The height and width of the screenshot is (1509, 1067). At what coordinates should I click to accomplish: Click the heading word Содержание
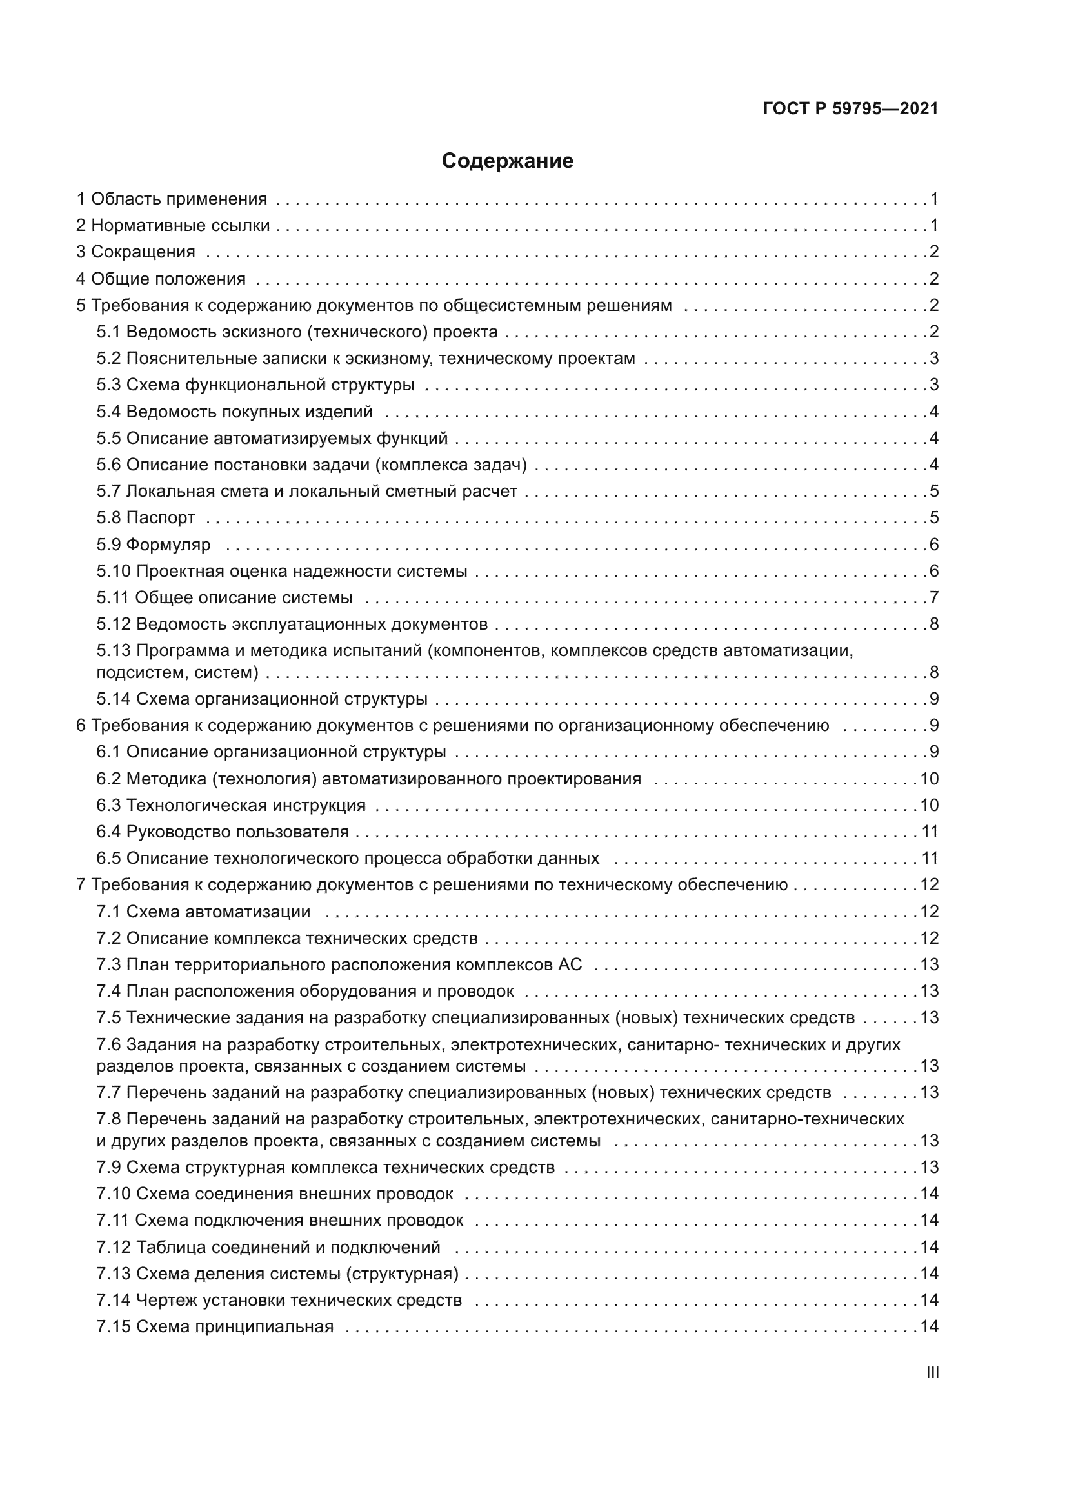tap(507, 161)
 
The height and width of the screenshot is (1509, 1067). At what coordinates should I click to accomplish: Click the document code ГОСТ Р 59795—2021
tap(850, 109)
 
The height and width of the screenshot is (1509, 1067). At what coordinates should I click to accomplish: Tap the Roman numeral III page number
tap(932, 1373)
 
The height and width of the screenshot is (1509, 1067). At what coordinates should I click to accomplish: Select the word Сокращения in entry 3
tap(143, 252)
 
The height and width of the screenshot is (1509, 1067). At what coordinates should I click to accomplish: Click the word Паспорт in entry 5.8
tap(161, 518)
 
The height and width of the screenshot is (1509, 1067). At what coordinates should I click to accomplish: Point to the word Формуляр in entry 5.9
tap(168, 545)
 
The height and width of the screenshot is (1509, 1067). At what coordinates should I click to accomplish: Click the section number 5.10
tap(113, 571)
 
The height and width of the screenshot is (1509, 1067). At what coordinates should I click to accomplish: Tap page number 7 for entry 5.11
tap(933, 598)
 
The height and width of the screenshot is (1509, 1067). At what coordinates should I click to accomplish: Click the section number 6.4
tap(108, 832)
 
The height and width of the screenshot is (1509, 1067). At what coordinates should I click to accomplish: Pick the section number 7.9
tap(108, 1168)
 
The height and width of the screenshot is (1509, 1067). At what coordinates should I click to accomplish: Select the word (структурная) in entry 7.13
tap(402, 1274)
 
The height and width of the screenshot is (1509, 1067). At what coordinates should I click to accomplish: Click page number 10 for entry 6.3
tap(929, 806)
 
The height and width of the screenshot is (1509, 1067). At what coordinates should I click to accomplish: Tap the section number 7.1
tap(108, 912)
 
